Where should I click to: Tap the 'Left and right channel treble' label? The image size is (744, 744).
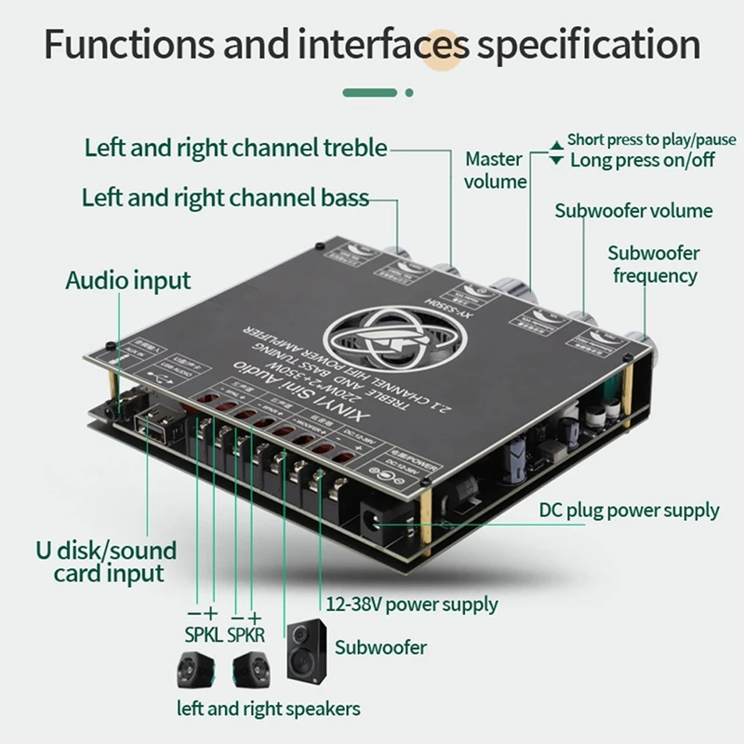coord(235,147)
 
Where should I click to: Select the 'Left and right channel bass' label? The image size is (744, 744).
coord(225,197)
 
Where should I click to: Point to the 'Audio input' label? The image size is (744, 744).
coord(127,280)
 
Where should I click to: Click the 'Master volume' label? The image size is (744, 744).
coord(496,170)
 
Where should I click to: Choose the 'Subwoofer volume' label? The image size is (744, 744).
coord(633,210)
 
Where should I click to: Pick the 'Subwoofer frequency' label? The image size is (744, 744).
coord(654,264)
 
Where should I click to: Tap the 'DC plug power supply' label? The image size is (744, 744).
coord(629,510)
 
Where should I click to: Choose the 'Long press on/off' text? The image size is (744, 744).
coord(643,159)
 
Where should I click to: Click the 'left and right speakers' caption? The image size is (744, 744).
coord(268,709)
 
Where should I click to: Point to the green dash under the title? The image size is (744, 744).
coord(372,92)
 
